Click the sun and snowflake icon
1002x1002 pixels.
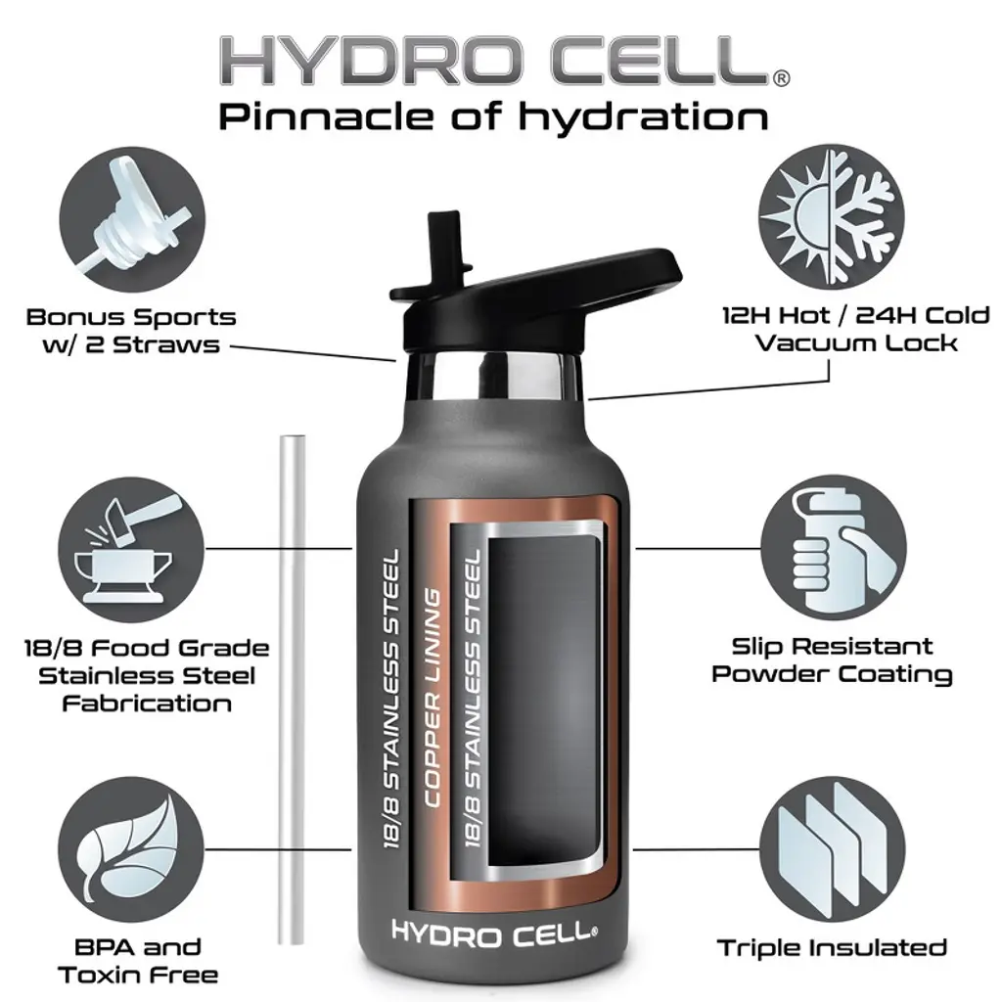pos(831,217)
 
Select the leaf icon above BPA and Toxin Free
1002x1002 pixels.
pos(131,849)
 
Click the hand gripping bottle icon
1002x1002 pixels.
pos(834,548)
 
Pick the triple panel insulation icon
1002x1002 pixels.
pos(833,848)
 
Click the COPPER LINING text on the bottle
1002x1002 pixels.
pos(433,697)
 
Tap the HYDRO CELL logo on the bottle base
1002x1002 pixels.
pos(494,934)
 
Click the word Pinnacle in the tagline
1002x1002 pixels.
pos(328,117)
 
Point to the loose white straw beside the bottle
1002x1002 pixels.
pos(292,691)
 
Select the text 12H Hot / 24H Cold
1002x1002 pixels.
pos(855,315)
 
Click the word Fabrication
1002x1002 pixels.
pos(147,704)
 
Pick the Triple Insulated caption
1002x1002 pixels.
pos(832,947)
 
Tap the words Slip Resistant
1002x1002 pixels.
pos(832,646)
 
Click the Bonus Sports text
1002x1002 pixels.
pos(131,318)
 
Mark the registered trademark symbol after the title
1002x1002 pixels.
pos(781,78)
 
